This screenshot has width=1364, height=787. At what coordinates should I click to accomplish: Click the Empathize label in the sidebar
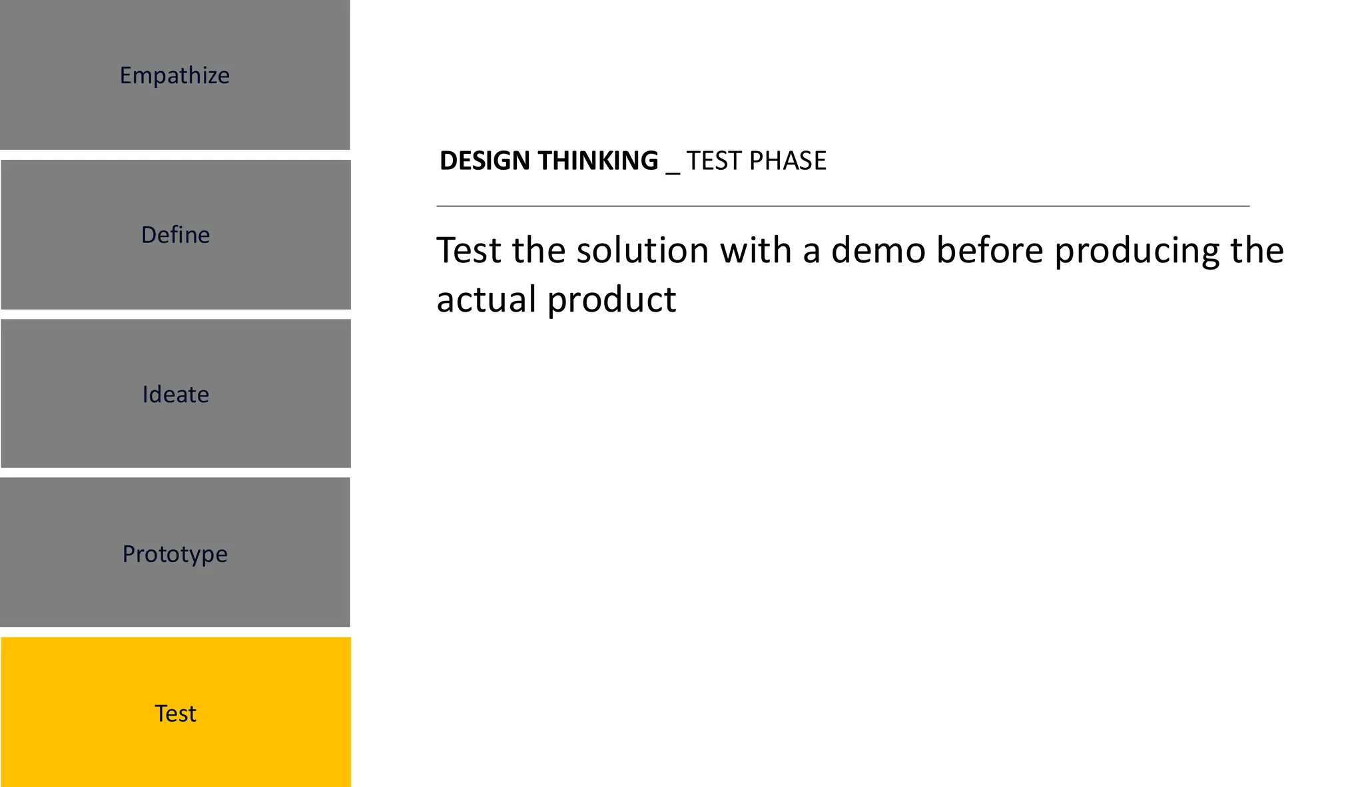tap(174, 75)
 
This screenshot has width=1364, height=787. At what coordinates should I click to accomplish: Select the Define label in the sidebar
tap(175, 234)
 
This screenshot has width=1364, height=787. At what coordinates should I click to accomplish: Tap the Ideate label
tap(175, 394)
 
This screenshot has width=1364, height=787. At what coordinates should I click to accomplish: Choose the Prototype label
tap(174, 553)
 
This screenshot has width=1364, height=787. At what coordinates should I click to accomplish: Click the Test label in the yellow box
tap(175, 713)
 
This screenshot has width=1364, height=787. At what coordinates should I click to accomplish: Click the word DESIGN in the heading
tap(484, 160)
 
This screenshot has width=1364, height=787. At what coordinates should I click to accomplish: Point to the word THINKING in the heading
tap(597, 160)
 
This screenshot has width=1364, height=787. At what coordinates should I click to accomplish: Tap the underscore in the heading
tap(673, 172)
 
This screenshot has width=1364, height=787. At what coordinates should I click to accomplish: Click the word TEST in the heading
tap(713, 160)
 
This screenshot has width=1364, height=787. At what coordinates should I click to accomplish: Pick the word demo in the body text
tap(878, 250)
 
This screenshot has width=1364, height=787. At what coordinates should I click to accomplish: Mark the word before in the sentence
tap(989, 250)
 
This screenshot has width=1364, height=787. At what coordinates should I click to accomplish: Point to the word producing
tap(1136, 252)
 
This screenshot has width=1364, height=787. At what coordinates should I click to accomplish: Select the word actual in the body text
tap(486, 300)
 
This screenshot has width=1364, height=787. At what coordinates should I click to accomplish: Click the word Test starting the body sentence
tap(468, 250)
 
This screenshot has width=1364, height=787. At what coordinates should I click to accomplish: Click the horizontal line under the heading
tap(843, 206)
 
